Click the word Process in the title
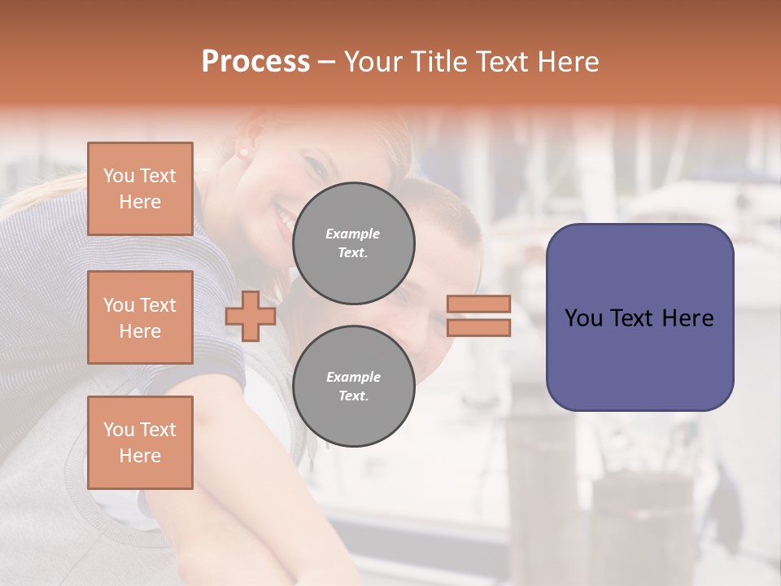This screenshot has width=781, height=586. coord(255,62)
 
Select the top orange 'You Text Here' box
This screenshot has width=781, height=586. coord(140,189)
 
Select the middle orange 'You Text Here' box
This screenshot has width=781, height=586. coord(140,317)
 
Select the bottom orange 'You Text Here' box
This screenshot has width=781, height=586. coord(140,443)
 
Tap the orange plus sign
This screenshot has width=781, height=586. coord(251,316)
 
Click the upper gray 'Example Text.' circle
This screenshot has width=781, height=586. coord(354,243)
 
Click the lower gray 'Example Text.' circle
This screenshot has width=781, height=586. coord(354,387)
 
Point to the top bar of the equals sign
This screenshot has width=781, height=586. coord(479,304)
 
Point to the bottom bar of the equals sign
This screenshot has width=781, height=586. coord(479,327)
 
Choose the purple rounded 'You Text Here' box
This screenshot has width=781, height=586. coord(639,317)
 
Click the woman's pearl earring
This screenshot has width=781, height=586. coord(242,152)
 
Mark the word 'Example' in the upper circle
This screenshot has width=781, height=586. coord(353,234)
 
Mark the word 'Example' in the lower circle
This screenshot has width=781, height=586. coord(353,377)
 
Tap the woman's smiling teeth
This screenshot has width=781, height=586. coord(284,218)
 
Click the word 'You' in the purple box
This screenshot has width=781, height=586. coord(583,318)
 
